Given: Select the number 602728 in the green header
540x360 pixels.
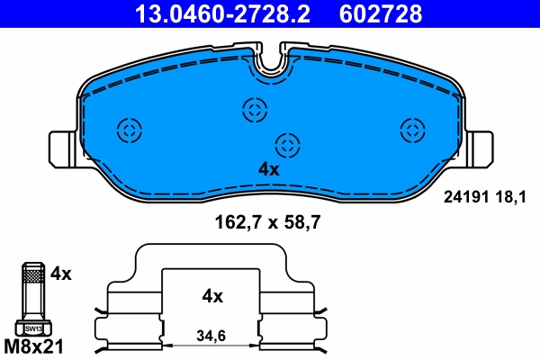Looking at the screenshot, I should tap(380, 13).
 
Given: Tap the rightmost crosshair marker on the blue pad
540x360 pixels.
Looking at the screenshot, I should tap(412, 130).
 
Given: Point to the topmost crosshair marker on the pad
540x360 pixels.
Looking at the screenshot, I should tap(255, 110).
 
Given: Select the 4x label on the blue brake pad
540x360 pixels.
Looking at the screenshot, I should tap(268, 168).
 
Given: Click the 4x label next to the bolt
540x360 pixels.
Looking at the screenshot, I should tap(61, 272).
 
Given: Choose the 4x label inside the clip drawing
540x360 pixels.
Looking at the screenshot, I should tap(212, 295).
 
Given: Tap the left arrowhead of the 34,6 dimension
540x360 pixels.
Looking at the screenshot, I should tap(165, 346).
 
